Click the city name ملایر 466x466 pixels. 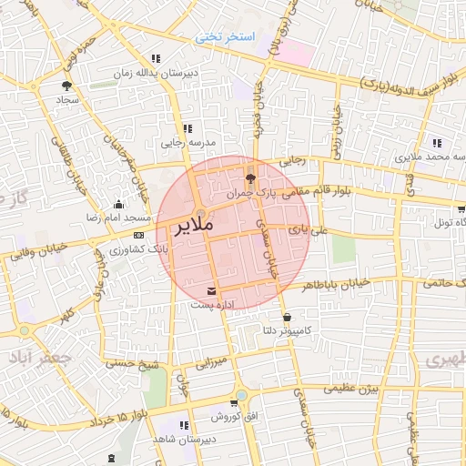pyautogui.click(x=190, y=223)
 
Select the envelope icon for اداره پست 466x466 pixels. pyautogui.click(x=212, y=290)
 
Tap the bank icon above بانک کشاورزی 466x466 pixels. pyautogui.click(x=138, y=234)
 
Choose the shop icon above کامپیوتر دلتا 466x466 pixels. pyautogui.click(x=288, y=318)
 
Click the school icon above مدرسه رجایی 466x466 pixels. pyautogui.click(x=187, y=128)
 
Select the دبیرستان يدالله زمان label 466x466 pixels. pyautogui.click(x=148, y=72)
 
